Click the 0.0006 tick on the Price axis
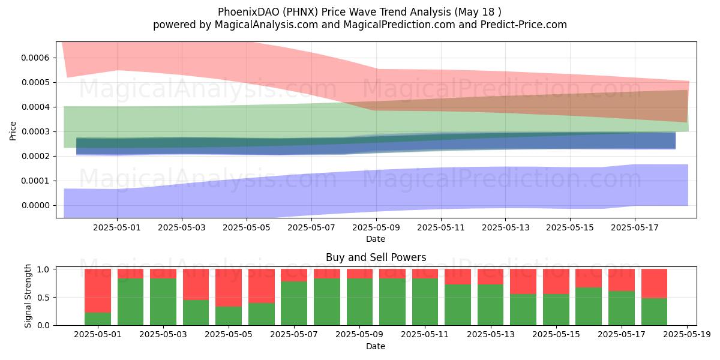coord(35,58)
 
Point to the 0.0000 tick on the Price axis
coord(35,205)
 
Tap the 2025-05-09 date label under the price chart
coord(376,227)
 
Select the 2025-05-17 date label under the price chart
coord(635,227)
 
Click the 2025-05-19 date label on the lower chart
coord(687,335)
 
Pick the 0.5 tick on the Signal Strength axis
coord(43,298)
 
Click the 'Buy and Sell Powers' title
coord(376,257)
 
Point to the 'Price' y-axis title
coord(13,131)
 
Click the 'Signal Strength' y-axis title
coord(28,296)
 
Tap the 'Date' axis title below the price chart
coord(376,239)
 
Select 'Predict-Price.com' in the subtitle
coord(524,25)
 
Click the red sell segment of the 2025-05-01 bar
coord(98,291)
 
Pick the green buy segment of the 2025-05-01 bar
coord(98,319)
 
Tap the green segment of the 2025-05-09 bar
coord(359,302)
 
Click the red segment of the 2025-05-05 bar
coord(229,287)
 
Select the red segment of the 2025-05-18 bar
coord(655,283)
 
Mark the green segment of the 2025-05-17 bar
coord(622,308)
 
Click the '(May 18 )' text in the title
coord(478,12)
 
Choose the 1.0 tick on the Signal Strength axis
coord(43,269)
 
